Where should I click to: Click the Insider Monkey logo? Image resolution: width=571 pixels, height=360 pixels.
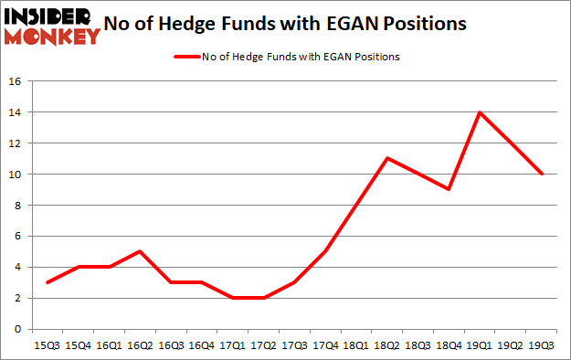[x=51, y=25]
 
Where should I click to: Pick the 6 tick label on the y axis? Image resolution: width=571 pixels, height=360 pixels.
[x=16, y=236]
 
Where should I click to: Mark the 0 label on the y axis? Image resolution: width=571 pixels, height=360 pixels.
[x=16, y=329]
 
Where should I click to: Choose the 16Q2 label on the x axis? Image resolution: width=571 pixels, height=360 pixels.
[x=139, y=346]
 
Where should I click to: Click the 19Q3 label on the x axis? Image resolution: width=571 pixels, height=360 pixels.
[x=542, y=346]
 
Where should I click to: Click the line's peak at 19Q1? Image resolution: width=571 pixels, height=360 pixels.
[x=480, y=112]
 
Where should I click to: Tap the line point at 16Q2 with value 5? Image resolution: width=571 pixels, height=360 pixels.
[x=139, y=251]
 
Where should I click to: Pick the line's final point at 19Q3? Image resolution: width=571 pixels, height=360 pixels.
[x=542, y=174]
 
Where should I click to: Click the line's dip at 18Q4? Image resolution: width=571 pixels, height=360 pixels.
[x=449, y=189]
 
